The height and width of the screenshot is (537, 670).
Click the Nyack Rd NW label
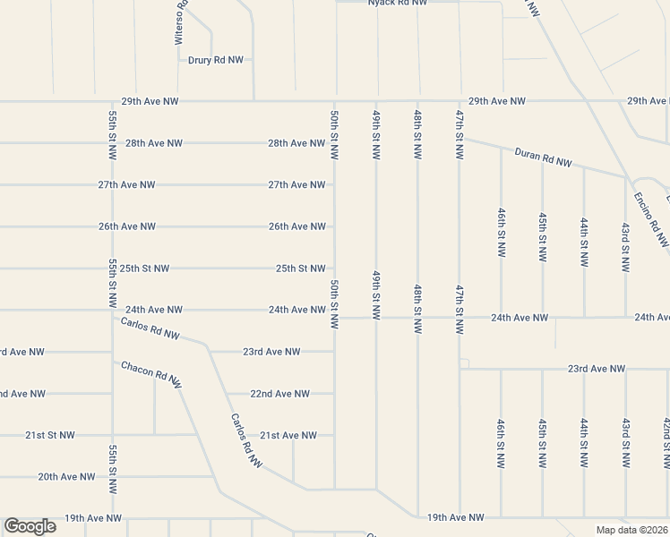click(x=398, y=3)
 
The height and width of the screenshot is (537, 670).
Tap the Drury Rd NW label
click(x=215, y=60)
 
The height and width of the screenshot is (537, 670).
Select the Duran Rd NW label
click(x=543, y=158)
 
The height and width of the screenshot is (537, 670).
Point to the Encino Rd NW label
click(x=651, y=219)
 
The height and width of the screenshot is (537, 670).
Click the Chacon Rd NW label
click(x=151, y=374)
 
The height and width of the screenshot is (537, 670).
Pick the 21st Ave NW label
click(x=288, y=436)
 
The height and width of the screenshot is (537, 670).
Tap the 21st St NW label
click(x=50, y=435)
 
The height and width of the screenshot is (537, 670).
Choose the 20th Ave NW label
click(x=66, y=477)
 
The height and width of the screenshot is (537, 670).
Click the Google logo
click(x=30, y=526)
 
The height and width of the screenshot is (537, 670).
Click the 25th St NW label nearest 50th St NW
click(x=300, y=268)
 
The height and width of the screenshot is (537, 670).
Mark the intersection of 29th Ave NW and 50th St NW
click(x=336, y=101)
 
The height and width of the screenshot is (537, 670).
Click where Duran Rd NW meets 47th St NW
click(x=460, y=138)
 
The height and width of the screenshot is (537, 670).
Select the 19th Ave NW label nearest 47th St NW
click(x=455, y=517)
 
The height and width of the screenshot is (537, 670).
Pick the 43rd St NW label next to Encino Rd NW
click(x=625, y=243)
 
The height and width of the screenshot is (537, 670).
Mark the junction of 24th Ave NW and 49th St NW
click(x=376, y=318)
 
